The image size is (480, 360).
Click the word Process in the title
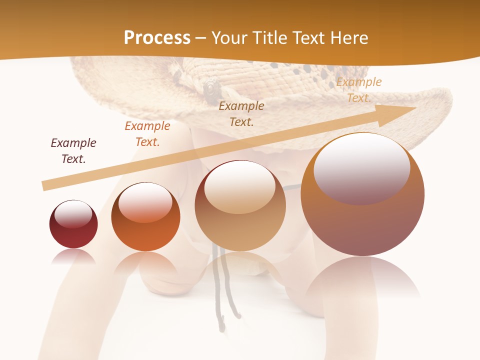(157, 38)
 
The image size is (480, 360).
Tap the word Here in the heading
(347, 38)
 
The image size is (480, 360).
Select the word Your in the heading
(230, 38)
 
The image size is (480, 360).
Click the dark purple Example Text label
(73, 151)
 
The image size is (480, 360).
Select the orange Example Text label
(147, 134)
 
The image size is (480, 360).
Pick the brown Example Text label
(241, 114)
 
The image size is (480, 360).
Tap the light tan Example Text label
(358, 90)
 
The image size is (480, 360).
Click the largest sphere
(362, 225)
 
